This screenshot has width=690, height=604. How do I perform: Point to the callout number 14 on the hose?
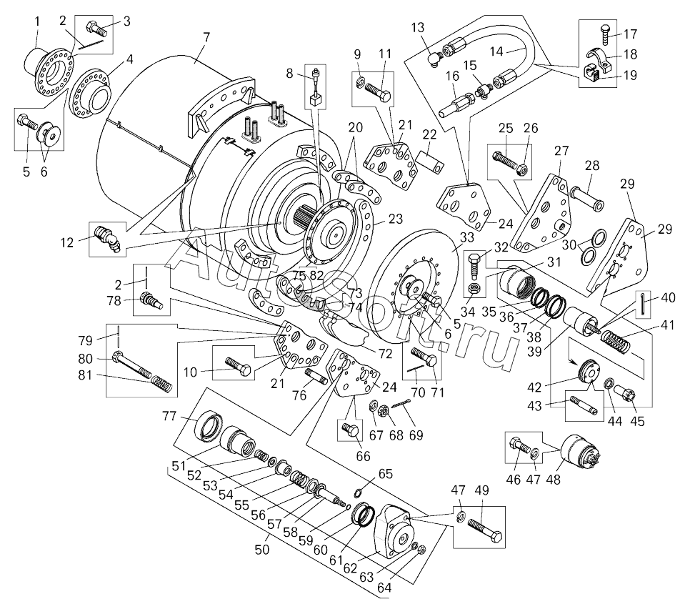point(497,51)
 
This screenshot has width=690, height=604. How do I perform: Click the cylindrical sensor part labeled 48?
point(582,452)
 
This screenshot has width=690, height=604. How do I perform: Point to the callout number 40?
point(668,297)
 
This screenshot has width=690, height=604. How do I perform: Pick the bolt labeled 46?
point(519,448)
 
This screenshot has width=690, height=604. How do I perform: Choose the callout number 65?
point(386,473)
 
